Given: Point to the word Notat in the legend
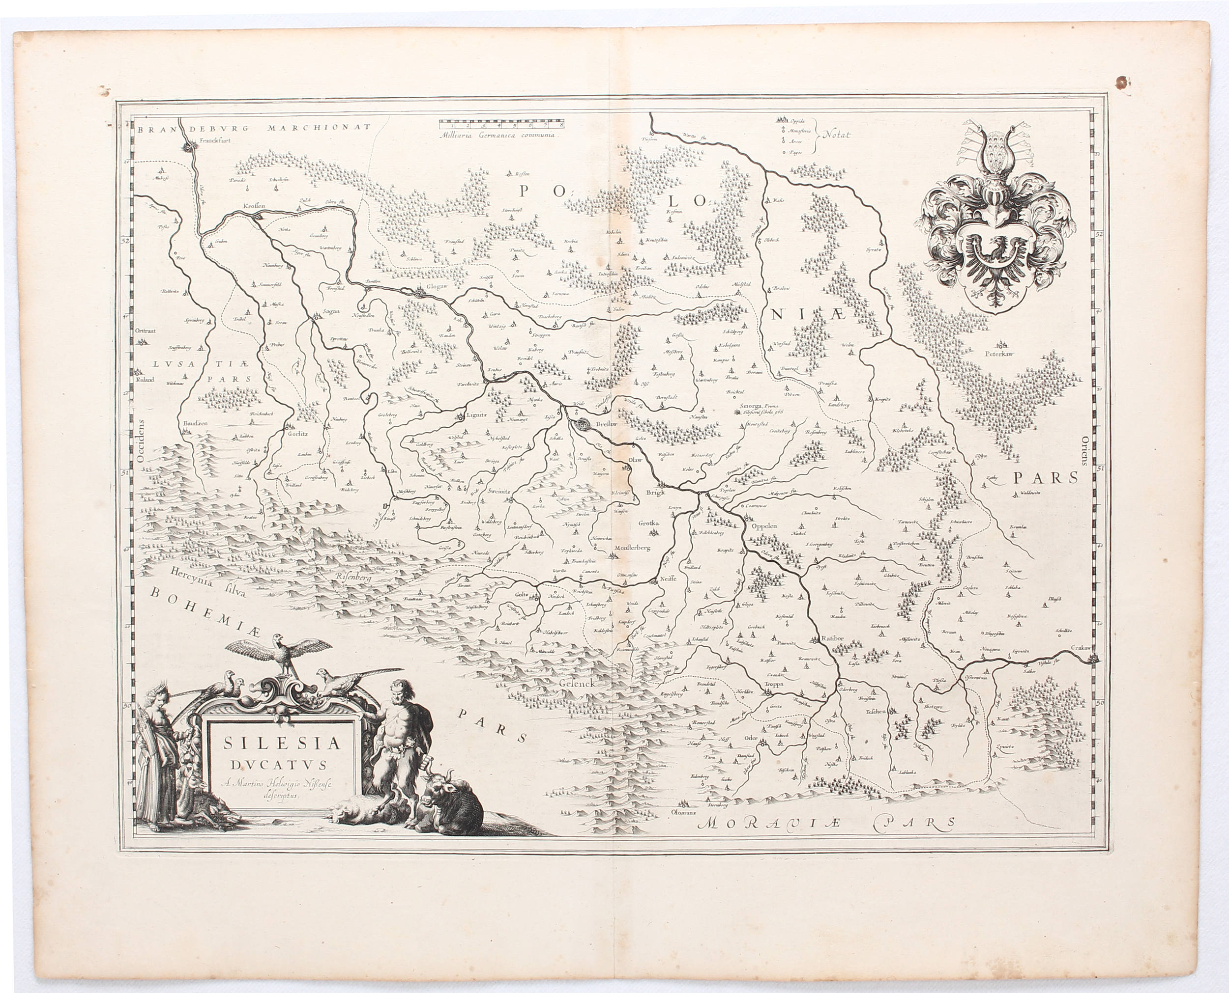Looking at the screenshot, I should point(837,135).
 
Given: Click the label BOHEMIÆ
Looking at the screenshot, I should point(206,612).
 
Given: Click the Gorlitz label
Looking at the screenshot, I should point(297,433).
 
